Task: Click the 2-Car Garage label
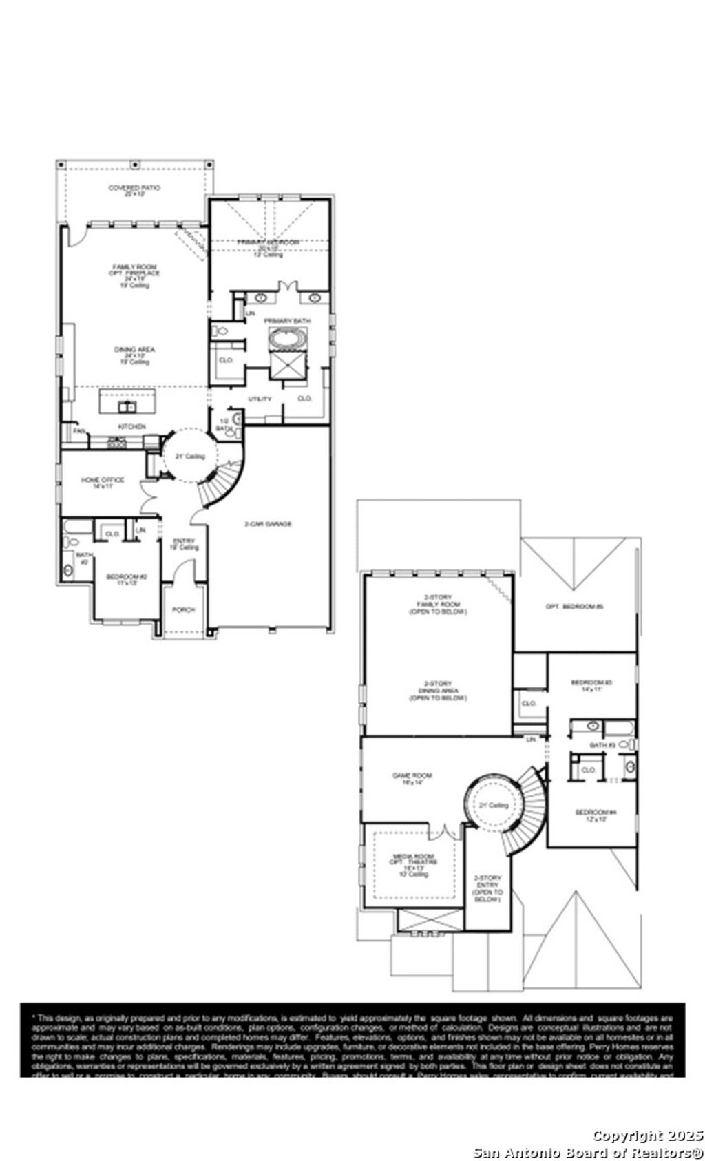tap(269, 524)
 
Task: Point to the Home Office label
tap(103, 480)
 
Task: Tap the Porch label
tap(183, 610)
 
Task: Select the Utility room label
tap(260, 399)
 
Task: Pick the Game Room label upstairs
tap(412, 776)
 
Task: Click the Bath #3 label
tap(602, 745)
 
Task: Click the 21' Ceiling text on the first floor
tap(189, 457)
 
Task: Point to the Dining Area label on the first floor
tap(134, 350)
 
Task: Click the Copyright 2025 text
tap(648, 1136)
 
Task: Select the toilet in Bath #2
tap(67, 570)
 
